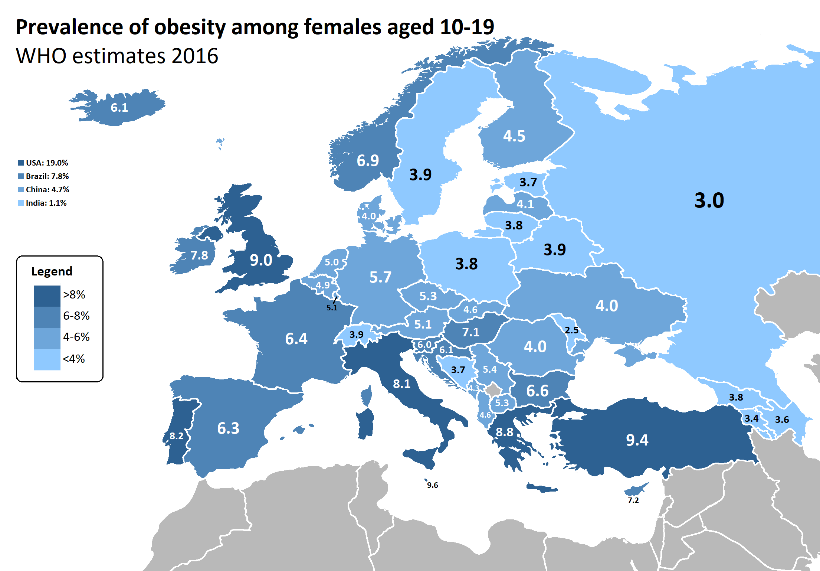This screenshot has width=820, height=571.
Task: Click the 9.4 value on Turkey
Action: (x=637, y=440)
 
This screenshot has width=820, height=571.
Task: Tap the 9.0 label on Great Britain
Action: (x=261, y=260)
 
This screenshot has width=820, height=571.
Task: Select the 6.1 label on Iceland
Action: (x=119, y=108)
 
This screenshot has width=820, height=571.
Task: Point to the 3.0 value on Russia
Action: (x=709, y=200)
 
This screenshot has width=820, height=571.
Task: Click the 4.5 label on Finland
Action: (x=514, y=136)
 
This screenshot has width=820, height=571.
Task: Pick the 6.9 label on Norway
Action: (x=368, y=161)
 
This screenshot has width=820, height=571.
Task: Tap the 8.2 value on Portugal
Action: (x=176, y=436)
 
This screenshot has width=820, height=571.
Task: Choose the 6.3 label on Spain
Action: (x=228, y=428)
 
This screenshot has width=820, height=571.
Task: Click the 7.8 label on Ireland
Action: (x=199, y=255)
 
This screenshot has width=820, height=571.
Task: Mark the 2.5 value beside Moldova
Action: (x=571, y=330)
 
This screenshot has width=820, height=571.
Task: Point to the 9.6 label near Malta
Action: (x=432, y=485)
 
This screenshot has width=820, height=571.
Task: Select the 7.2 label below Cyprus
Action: (x=633, y=500)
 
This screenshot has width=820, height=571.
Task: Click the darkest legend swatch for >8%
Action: (x=47, y=296)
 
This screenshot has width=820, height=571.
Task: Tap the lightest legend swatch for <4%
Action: (x=47, y=359)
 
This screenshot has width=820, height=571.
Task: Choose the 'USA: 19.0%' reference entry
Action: (x=43, y=163)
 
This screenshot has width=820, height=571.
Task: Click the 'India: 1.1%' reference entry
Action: (x=43, y=203)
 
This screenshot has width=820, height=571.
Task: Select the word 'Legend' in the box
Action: (x=52, y=271)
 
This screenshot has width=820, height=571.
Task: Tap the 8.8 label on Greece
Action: (x=505, y=432)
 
